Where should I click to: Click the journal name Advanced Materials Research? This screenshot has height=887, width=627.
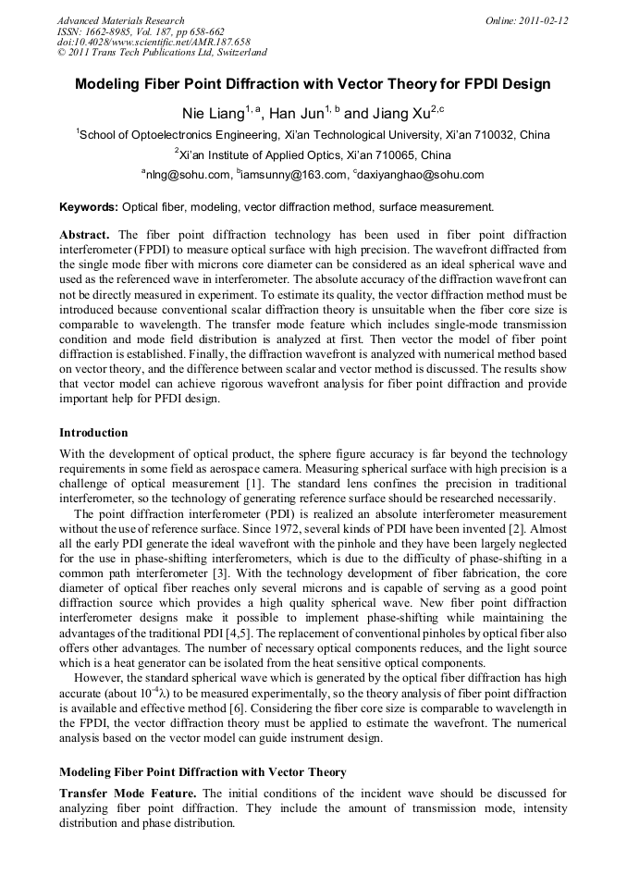[x=120, y=20]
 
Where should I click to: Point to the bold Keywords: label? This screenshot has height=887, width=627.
[x=89, y=207]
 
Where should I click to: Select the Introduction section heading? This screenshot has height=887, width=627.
[x=93, y=432]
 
